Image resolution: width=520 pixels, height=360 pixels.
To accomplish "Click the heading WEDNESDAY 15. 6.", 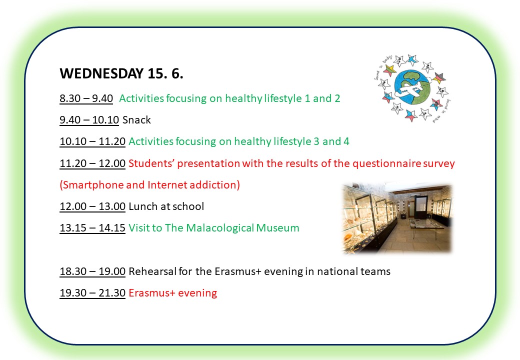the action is point(121,73).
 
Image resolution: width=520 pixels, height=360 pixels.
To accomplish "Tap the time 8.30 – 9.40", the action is point(86,98).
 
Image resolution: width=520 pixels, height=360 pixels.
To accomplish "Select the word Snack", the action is point(136,119).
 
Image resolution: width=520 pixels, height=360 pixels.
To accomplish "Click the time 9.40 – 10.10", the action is point(89,119).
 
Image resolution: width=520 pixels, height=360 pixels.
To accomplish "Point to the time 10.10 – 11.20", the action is point(92,141).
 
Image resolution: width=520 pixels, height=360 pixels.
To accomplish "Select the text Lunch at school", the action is point(166,206).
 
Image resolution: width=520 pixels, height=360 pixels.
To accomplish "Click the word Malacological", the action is point(220,227).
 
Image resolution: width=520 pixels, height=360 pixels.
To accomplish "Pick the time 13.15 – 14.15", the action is point(92,227).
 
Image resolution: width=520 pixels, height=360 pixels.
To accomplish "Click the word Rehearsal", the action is point(152,271).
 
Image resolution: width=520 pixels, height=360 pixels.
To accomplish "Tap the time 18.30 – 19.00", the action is point(92,271).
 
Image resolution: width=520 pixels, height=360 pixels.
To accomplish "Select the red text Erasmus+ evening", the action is point(173,293).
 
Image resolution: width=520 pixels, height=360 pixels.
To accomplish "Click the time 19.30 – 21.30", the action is point(92,293).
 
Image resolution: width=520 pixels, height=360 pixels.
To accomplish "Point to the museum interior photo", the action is point(397,218).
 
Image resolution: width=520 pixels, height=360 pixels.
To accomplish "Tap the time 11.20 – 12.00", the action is point(92,163).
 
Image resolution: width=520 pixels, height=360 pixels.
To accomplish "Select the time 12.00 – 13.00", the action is point(92,206).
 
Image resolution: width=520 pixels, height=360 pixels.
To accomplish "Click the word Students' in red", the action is point(151,163).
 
